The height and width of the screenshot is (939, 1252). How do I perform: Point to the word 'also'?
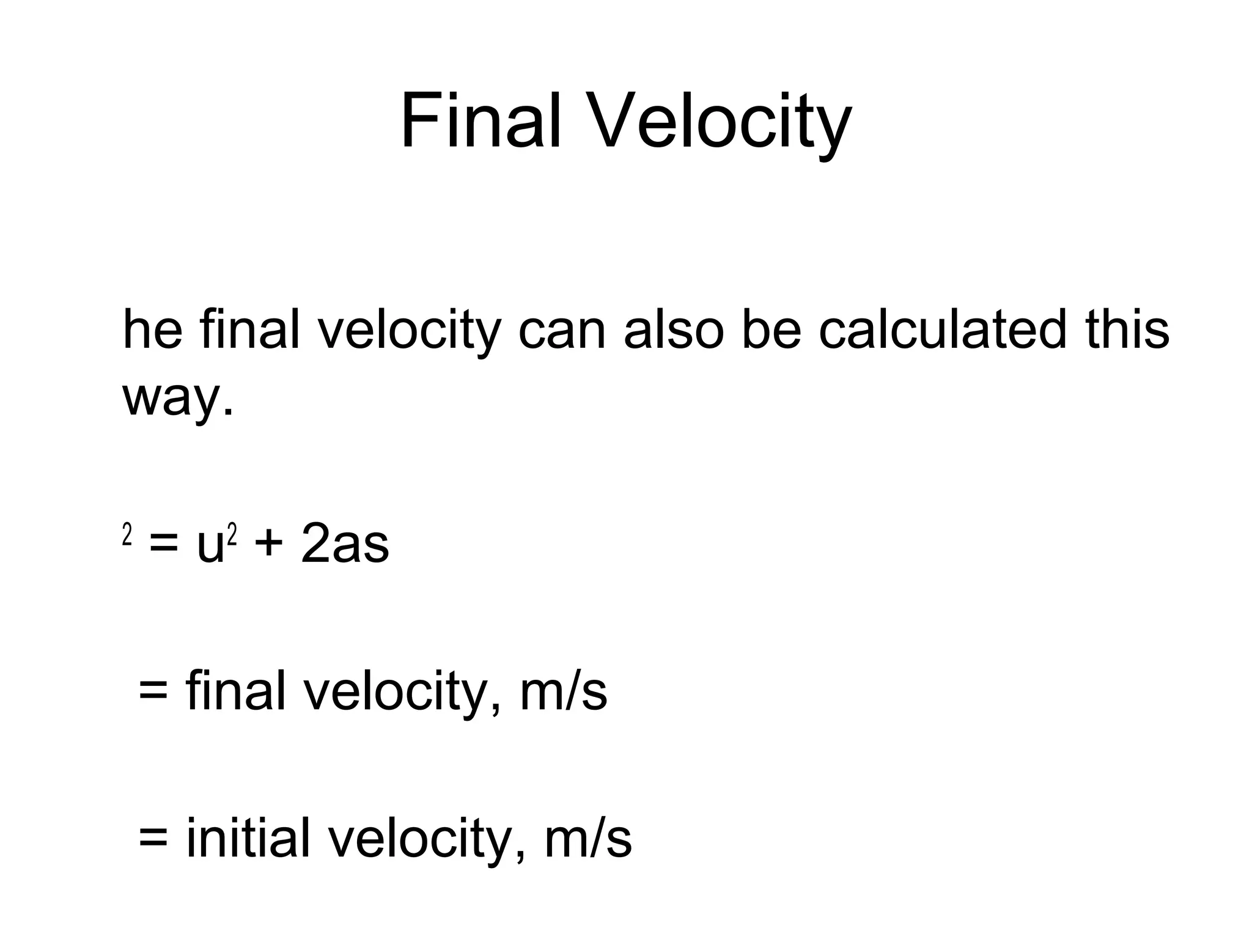pos(674,330)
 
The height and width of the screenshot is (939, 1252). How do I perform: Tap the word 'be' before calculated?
pos(771,330)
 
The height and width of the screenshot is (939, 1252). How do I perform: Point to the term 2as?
pos(344,543)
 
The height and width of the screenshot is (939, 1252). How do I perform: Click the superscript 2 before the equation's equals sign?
pos(127,535)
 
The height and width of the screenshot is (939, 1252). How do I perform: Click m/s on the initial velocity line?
pos(587,838)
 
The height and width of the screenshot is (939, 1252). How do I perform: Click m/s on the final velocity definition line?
pos(563,691)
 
